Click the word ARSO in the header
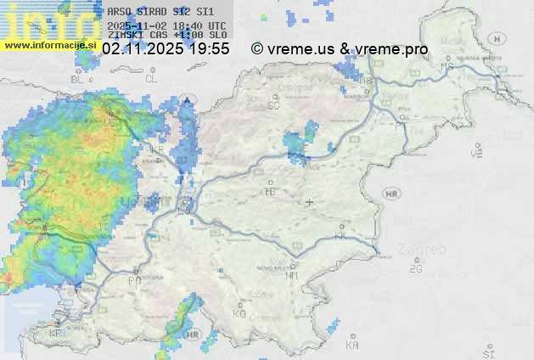pyautogui.click(x=118, y=12)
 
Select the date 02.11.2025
pyautogui.click(x=142, y=49)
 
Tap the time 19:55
pyautogui.click(x=209, y=49)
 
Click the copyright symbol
pyautogui.click(x=257, y=49)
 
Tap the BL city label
pyautogui.click(x=78, y=79)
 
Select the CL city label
pyautogui.click(x=151, y=78)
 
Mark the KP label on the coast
pyautogui.click(x=56, y=333)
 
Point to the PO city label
pyautogui.click(x=134, y=279)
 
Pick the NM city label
pyautogui.click(x=292, y=274)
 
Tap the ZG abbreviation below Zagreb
pyautogui.click(x=415, y=269)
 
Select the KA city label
pyautogui.click(x=352, y=345)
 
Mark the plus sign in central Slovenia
pyautogui.click(x=310, y=202)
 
